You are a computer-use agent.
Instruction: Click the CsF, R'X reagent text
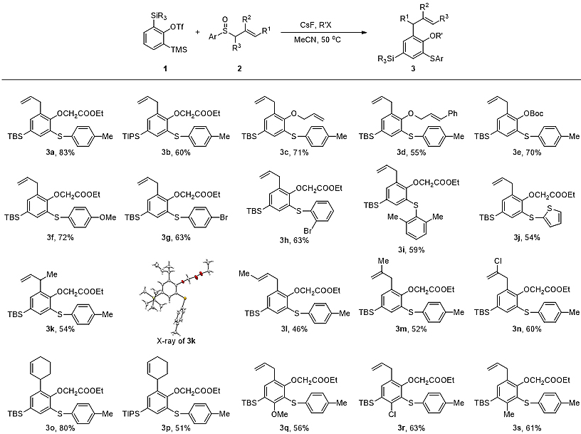316,23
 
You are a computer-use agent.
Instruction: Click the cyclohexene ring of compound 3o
45,361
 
